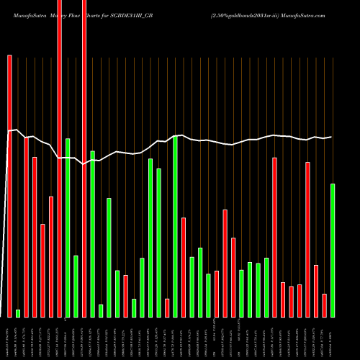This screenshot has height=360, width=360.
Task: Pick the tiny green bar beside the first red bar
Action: click(x=18, y=313)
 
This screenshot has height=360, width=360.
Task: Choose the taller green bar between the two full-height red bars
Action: click(x=68, y=228)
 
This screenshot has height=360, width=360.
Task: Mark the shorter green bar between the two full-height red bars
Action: click(x=76, y=287)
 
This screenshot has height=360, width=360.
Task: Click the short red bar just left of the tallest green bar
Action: click(x=167, y=308)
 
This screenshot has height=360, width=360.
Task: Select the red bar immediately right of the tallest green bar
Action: click(x=184, y=267)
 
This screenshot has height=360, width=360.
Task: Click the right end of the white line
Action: click(x=332, y=137)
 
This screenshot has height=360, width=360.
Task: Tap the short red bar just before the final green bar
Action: click(x=324, y=305)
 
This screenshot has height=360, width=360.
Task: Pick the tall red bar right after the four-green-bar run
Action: click(x=275, y=237)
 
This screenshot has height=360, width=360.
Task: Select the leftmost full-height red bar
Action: click(x=59, y=158)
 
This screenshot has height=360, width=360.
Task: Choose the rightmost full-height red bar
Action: click(x=84, y=158)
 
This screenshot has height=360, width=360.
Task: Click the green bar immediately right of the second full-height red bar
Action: click(x=92, y=234)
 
